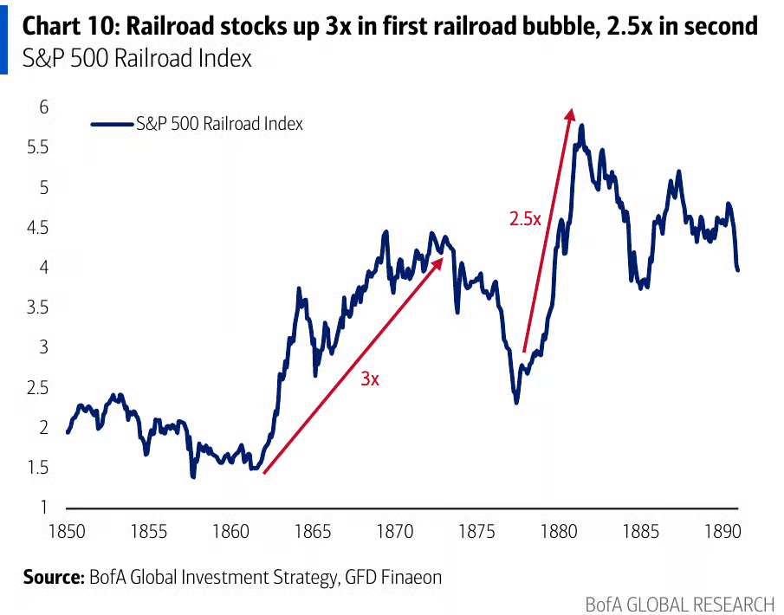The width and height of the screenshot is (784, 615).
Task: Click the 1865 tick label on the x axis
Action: click(x=313, y=531)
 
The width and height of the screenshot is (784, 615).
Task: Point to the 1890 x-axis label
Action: click(x=723, y=531)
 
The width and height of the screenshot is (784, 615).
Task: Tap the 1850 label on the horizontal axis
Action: click(x=67, y=531)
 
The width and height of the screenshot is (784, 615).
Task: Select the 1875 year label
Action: click(x=477, y=531)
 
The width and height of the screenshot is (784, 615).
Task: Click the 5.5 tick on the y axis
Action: click(x=38, y=147)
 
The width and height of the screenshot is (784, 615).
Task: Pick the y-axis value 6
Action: click(x=44, y=107)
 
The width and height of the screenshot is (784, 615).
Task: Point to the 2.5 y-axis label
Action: click(x=38, y=387)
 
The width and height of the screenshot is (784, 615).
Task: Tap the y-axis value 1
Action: click(x=44, y=507)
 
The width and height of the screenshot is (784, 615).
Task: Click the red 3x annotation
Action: click(x=370, y=379)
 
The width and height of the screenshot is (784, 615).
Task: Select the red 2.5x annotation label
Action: click(x=525, y=219)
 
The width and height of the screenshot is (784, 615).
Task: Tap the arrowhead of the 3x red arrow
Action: click(x=439, y=262)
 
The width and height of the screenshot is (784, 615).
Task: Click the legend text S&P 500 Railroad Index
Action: click(x=219, y=124)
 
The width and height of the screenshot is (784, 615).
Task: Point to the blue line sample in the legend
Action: click(x=113, y=124)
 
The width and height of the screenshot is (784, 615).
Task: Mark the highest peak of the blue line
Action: click(x=581, y=126)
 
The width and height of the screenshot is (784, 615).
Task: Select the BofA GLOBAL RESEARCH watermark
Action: click(x=679, y=604)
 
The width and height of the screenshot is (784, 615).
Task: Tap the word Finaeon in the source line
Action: click(x=411, y=577)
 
